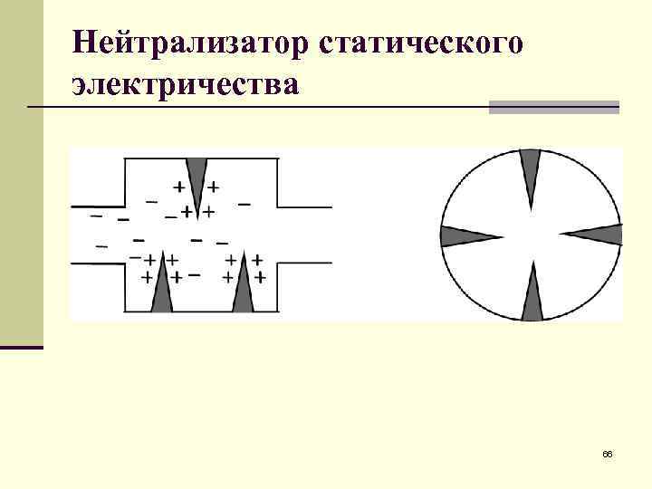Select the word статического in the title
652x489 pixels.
421,42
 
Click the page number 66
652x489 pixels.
607,453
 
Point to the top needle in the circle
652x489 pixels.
531,175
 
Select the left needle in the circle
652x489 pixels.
467,236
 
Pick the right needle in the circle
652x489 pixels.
595,235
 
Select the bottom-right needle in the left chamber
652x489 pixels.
242,287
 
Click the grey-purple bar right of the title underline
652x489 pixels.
553,107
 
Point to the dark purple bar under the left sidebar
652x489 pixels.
22,347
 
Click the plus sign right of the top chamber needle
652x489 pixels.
213,187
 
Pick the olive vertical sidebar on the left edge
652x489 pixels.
22,172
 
